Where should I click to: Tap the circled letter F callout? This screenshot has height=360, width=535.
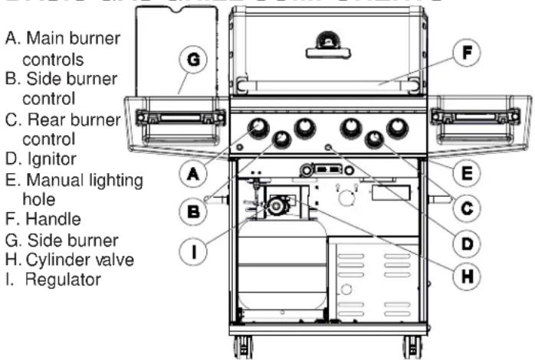pos(461,54)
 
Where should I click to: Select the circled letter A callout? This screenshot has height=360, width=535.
pos(195,174)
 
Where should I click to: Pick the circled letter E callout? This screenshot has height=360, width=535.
pos(461,173)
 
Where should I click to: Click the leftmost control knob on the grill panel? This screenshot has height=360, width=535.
pos(258,126)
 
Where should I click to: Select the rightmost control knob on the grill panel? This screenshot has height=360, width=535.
pos(398,128)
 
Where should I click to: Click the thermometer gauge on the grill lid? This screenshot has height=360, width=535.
pos(328,39)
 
